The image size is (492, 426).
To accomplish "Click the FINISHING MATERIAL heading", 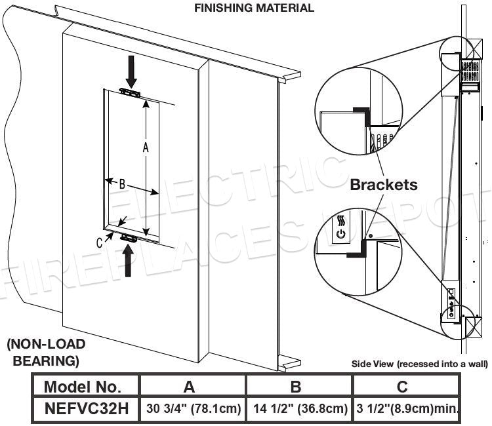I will coord(254,9).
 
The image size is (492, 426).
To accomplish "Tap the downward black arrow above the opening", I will coord(131,71).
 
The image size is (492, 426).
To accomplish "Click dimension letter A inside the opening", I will coord(146,148).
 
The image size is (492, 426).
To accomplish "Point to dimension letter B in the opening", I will coord(122,185).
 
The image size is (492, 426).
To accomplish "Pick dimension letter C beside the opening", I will coord(100,242).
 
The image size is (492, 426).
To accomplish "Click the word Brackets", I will coord(384,185).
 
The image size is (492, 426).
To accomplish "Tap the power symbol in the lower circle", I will coord(340,233).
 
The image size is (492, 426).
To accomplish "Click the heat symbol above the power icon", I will coord(340,220).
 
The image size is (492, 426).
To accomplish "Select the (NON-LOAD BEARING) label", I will coord(45,352).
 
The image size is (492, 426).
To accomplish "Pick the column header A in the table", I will coord(192,386).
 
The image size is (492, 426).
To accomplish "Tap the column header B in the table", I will coord(299,386).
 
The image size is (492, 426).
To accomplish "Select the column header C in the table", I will coord(402,386).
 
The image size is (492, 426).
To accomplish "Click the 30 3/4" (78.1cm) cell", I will coord(192,408).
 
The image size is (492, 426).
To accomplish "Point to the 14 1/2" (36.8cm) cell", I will coord(299,408).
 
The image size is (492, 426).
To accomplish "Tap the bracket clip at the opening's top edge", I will coord(130,93).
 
